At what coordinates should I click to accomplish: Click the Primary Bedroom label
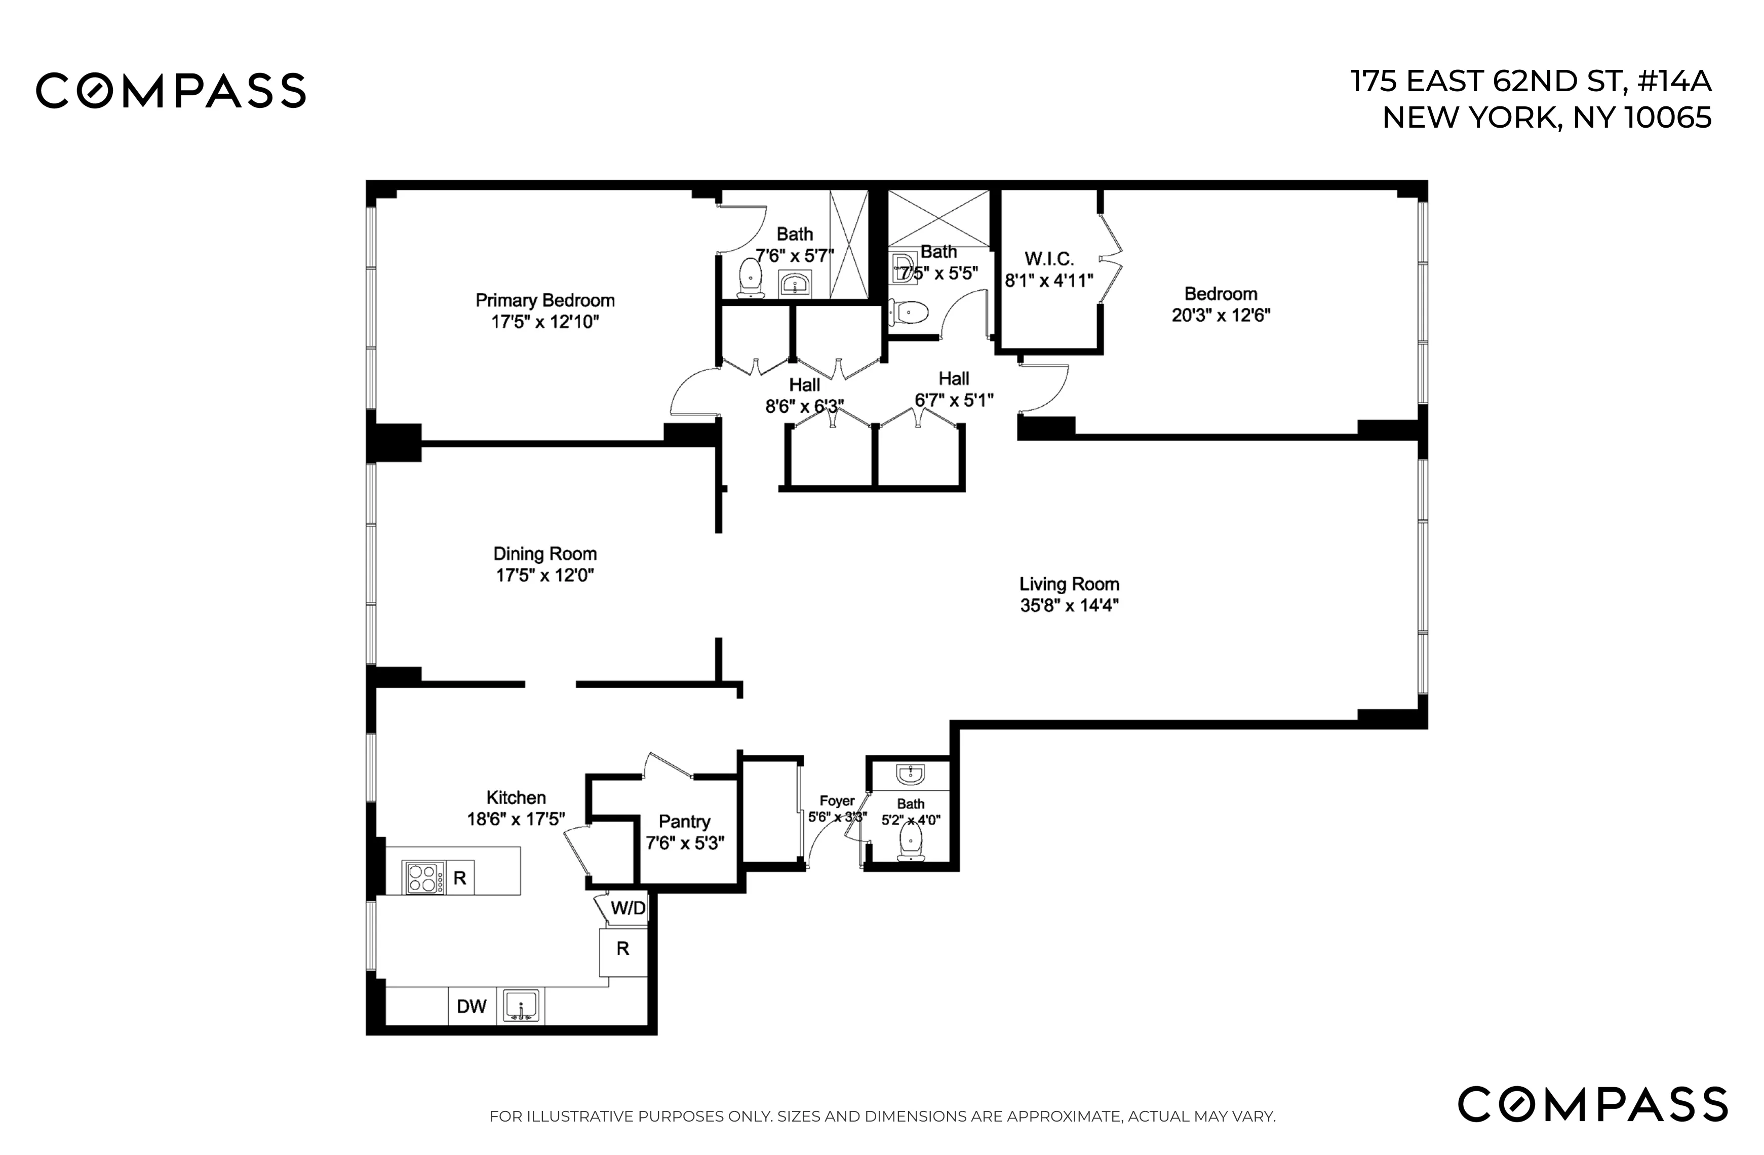pos(545,300)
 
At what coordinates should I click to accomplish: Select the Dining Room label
pos(545,554)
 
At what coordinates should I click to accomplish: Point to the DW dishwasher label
pos(472,1007)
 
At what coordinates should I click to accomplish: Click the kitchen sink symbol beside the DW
pos(521,1007)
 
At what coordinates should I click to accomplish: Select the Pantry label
pos(684,821)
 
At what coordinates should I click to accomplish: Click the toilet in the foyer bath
pos(911,843)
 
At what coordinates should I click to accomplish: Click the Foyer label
pos(837,800)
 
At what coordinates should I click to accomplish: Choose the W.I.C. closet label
pos(1049,259)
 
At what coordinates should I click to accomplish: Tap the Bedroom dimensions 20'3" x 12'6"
pos(1221,315)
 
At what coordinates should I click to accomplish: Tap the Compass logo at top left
pos(171,91)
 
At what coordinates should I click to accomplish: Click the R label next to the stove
pos(459,878)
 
